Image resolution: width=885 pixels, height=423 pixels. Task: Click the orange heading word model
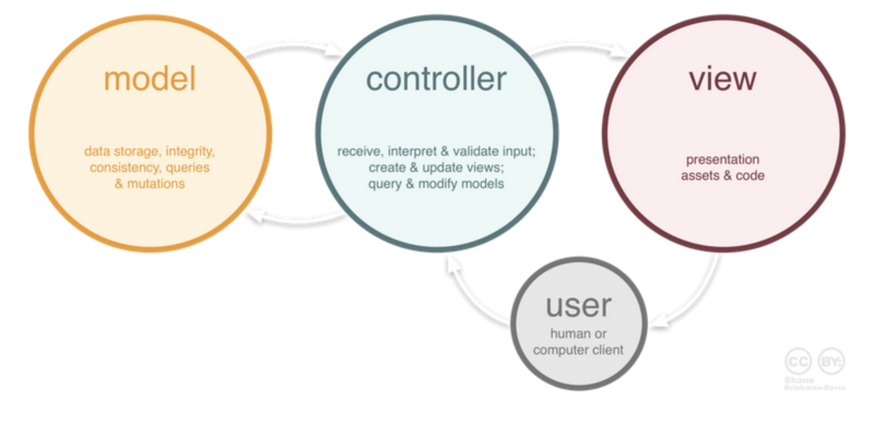tap(150, 79)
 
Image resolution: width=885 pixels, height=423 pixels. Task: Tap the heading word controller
tap(436, 79)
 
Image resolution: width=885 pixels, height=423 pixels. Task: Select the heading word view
tap(722, 79)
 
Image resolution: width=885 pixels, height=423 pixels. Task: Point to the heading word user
tap(579, 306)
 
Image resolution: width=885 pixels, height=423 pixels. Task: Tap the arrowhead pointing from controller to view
tap(621, 51)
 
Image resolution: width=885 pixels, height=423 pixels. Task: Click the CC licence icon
tap(798, 361)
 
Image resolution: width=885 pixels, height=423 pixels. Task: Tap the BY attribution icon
tap(831, 361)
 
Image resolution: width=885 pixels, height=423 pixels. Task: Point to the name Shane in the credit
tap(799, 380)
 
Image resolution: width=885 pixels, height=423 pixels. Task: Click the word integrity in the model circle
tap(190, 151)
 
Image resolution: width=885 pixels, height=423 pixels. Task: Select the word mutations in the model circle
tap(156, 184)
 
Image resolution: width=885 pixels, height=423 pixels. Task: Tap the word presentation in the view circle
tap(722, 160)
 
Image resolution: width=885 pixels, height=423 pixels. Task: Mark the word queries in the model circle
tap(187, 168)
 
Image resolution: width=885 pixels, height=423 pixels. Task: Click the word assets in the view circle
tap(700, 176)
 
